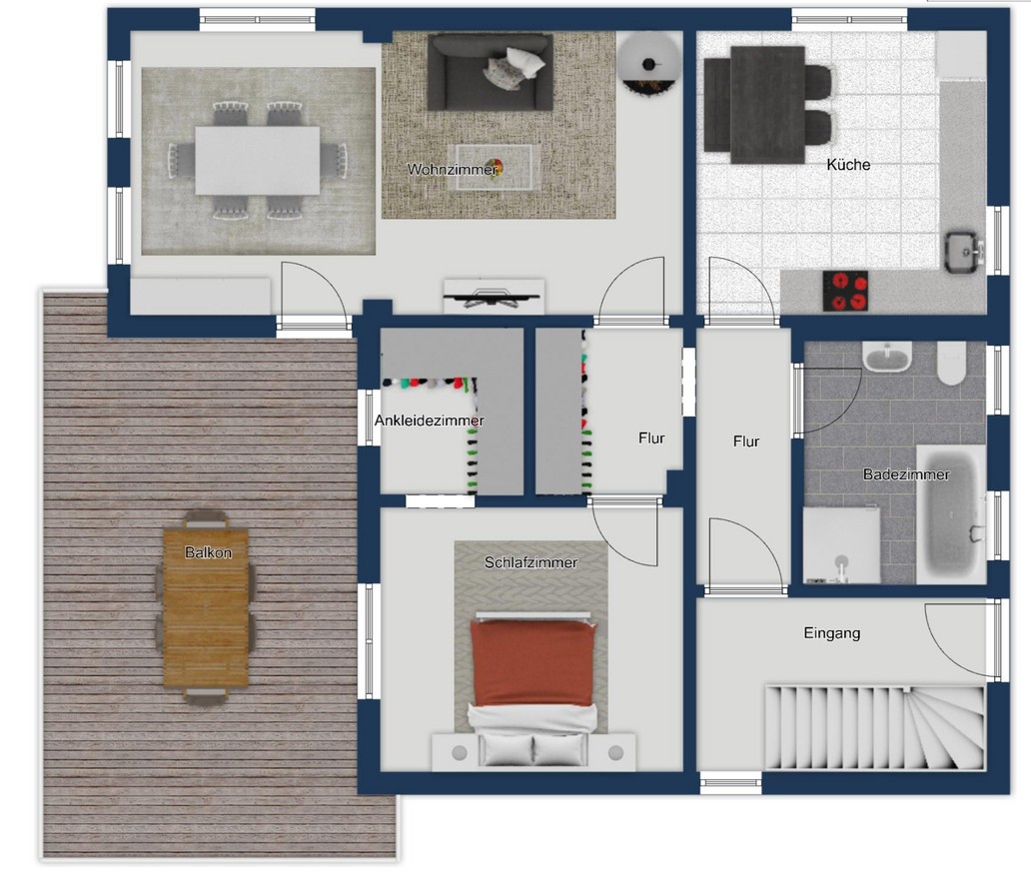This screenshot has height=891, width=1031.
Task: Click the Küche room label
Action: pos(848,165)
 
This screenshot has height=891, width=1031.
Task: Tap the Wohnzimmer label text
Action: pos(453,169)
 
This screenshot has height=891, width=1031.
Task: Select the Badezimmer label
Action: pos(906,474)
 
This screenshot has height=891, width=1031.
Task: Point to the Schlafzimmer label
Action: pos(530,562)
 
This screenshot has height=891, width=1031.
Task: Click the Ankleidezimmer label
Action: pos(430,421)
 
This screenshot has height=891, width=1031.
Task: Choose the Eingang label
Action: pos(832,632)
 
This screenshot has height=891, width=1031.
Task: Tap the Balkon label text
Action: pos(208,552)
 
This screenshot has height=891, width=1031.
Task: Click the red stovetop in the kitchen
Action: pos(845,291)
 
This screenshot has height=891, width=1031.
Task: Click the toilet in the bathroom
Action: pos(951,363)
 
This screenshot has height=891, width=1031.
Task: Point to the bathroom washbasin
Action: pos(887,357)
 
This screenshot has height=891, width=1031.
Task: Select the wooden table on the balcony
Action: pos(206,607)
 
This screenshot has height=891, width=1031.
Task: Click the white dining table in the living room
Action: pos(257,161)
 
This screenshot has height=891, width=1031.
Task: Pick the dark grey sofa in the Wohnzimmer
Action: pos(490,72)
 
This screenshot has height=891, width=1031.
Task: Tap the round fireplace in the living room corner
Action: pos(649,65)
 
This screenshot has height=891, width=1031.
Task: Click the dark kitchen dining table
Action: pos(767,105)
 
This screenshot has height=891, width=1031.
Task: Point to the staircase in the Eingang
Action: pos(875,727)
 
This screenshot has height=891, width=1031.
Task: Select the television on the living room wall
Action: pos(492,296)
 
